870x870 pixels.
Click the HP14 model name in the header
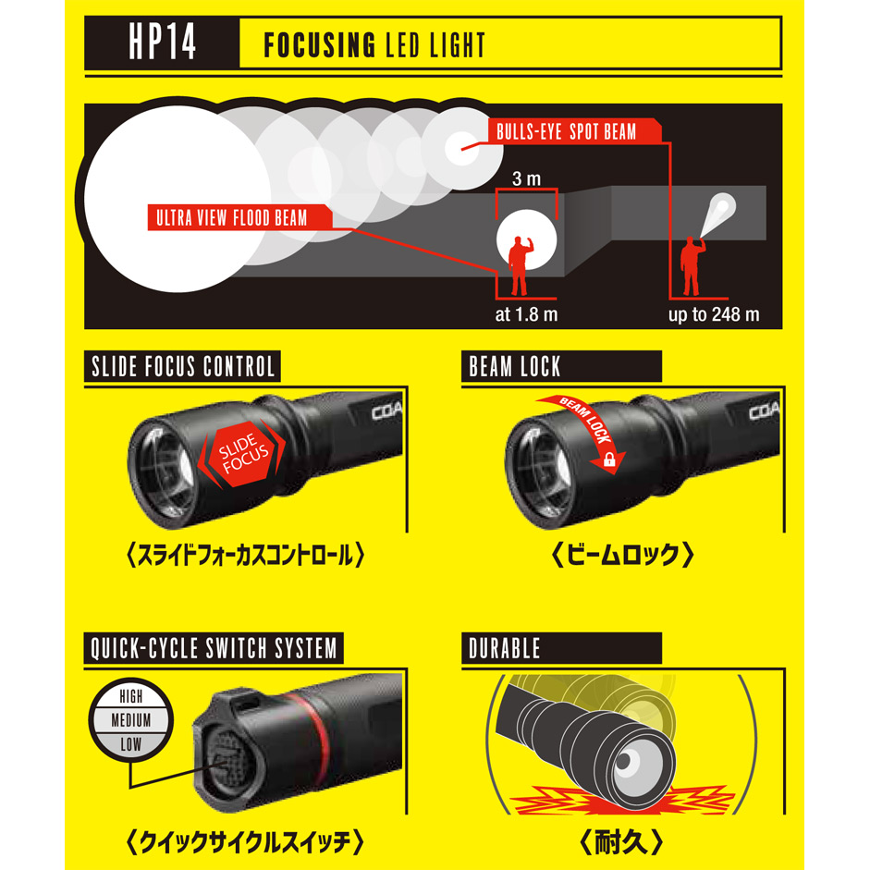click(162, 43)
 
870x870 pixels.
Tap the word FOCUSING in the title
click(320, 45)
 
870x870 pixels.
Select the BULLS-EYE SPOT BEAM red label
click(574, 131)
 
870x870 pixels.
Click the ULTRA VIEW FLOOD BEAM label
click(239, 217)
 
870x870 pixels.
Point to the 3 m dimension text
click(527, 178)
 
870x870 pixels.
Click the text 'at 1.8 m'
click(526, 314)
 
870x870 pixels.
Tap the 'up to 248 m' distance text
click(714, 314)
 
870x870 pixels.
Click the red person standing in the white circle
click(520, 265)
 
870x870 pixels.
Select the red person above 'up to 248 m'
click(692, 265)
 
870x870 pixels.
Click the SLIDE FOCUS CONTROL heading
click(182, 366)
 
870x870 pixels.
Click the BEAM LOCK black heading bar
click(561, 366)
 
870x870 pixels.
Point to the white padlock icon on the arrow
click(609, 460)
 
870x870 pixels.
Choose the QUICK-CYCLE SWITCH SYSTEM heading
click(214, 648)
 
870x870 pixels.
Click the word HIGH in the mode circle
click(131, 696)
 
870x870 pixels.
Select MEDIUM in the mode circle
click(131, 720)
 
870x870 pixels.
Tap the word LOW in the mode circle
click(131, 744)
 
